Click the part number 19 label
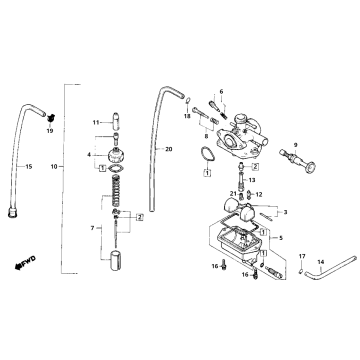[48, 131]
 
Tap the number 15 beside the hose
[28, 166]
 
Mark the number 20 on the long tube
[169, 149]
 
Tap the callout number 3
[285, 212]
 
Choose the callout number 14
[319, 262]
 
